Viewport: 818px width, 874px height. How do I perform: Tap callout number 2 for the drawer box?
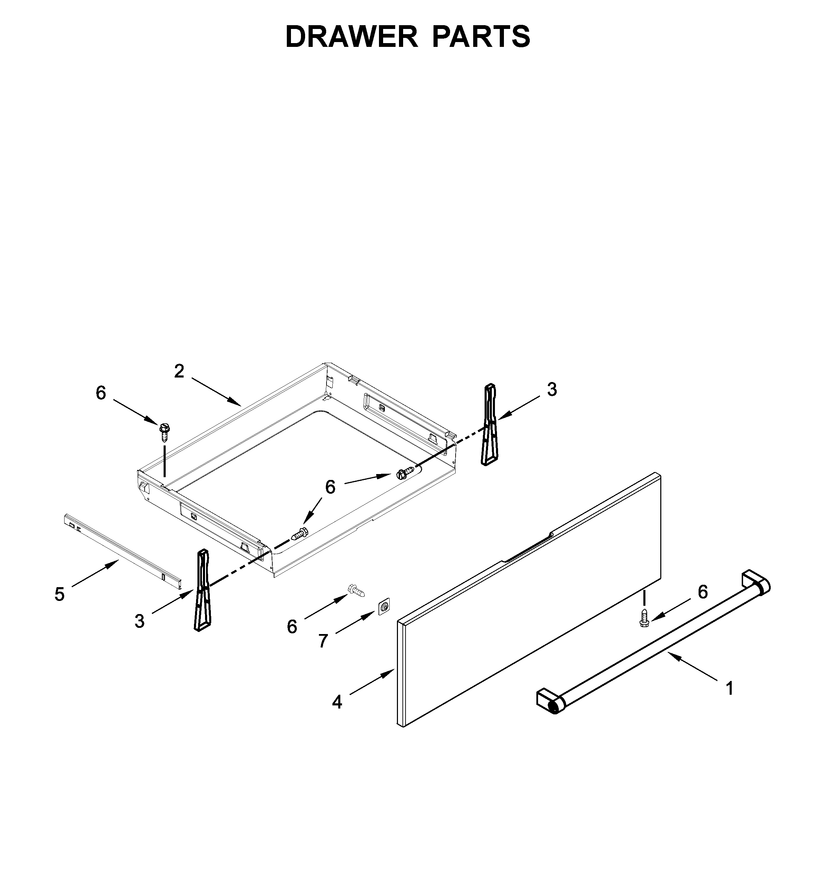coord(179,372)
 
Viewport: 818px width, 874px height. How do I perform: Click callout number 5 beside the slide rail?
coord(59,594)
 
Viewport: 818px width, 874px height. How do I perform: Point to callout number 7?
coord(323,641)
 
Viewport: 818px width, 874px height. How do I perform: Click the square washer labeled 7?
coord(384,607)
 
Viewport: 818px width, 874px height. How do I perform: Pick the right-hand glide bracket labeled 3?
coord(490,425)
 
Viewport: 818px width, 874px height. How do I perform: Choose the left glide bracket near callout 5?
coord(202,590)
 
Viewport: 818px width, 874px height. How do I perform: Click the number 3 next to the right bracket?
coord(552,390)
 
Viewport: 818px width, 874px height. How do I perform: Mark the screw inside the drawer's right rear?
coord(405,473)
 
